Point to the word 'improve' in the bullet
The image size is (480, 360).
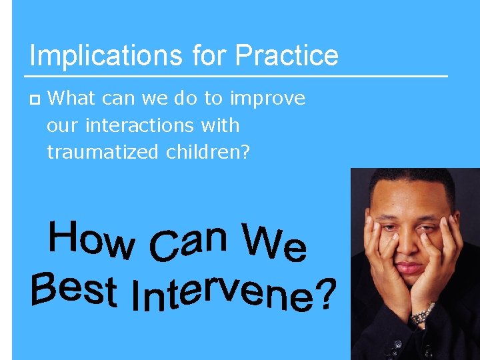point(267,99)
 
